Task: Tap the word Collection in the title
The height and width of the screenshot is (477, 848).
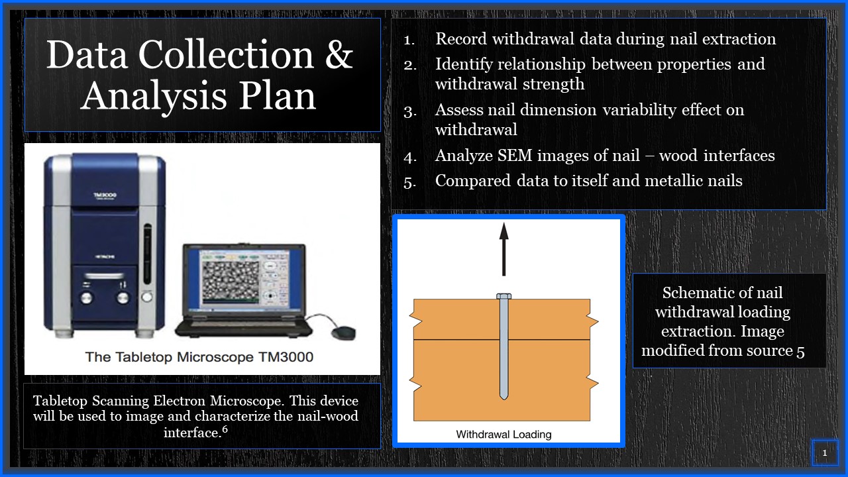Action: (227, 55)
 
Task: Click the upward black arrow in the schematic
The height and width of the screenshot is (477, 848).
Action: (503, 249)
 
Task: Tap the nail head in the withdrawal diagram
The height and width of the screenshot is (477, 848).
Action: (503, 296)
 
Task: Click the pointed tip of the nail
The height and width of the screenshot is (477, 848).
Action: (503, 399)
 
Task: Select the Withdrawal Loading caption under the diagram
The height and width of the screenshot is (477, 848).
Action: (503, 434)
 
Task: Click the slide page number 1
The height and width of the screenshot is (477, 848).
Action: (825, 452)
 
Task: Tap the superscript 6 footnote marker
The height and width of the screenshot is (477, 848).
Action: (225, 429)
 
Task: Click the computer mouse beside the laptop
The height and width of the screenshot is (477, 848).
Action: (344, 333)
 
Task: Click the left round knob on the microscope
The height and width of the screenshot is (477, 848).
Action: (87, 297)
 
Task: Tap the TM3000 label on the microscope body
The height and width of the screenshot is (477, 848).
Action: (105, 195)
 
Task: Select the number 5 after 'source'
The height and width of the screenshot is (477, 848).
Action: (800, 351)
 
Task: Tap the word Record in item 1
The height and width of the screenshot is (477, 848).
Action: (460, 38)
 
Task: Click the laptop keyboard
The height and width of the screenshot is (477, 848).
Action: (243, 321)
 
